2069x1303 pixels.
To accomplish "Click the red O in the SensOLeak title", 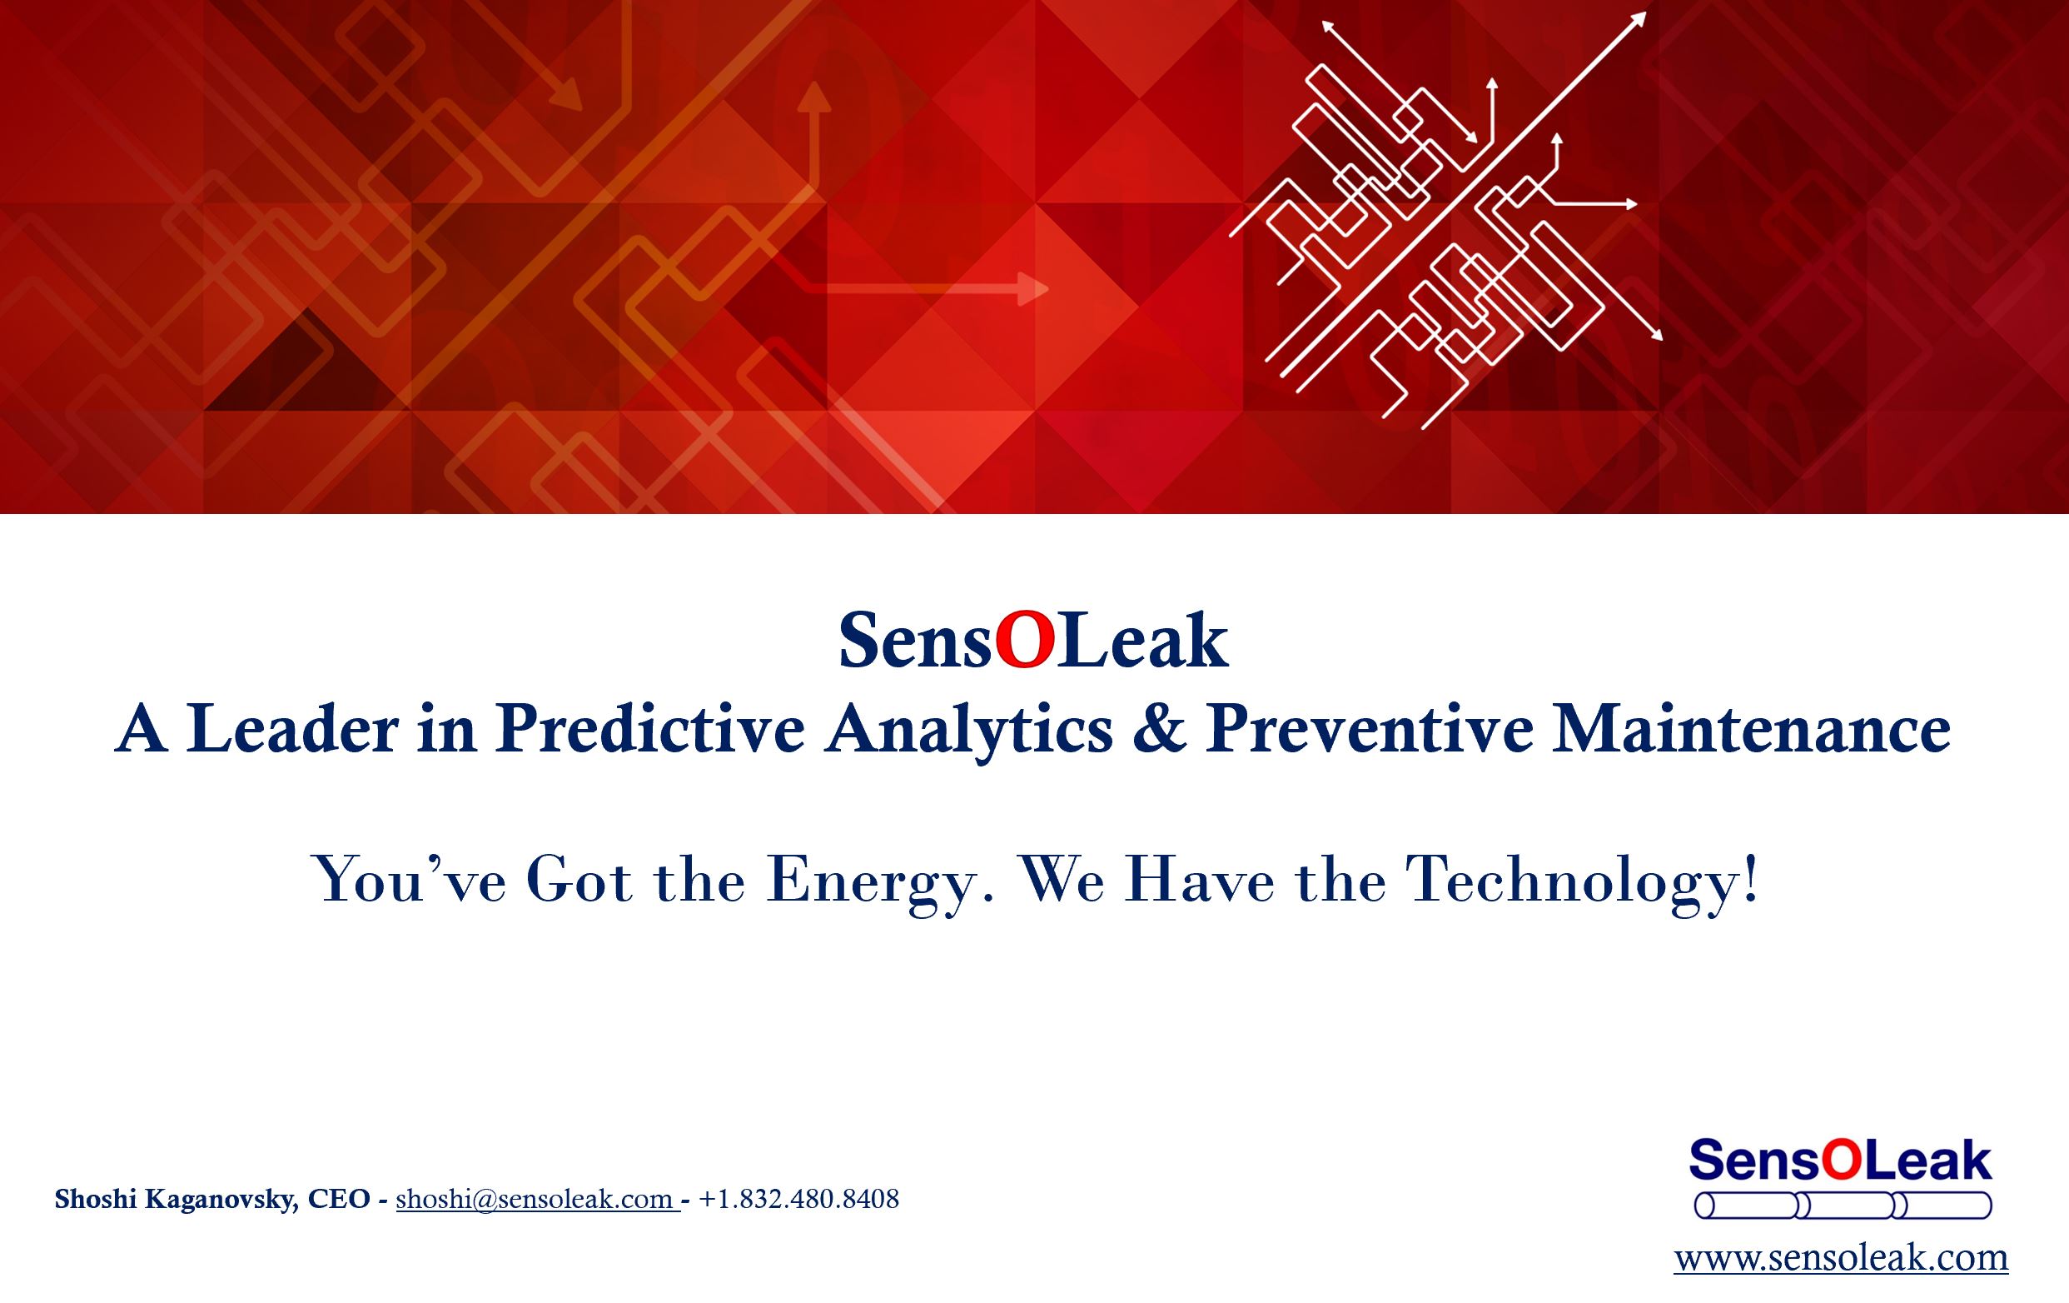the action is tap(1023, 642).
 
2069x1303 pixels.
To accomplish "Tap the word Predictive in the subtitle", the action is tap(650, 730).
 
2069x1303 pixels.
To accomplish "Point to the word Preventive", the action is tap(1370, 730).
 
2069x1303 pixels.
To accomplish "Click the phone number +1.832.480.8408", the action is tap(799, 1198).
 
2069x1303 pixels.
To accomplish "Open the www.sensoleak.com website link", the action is tap(1840, 1258).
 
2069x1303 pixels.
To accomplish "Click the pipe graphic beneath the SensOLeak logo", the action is tap(1843, 1206).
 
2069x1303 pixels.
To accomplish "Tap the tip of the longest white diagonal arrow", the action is tap(1645, 12).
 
